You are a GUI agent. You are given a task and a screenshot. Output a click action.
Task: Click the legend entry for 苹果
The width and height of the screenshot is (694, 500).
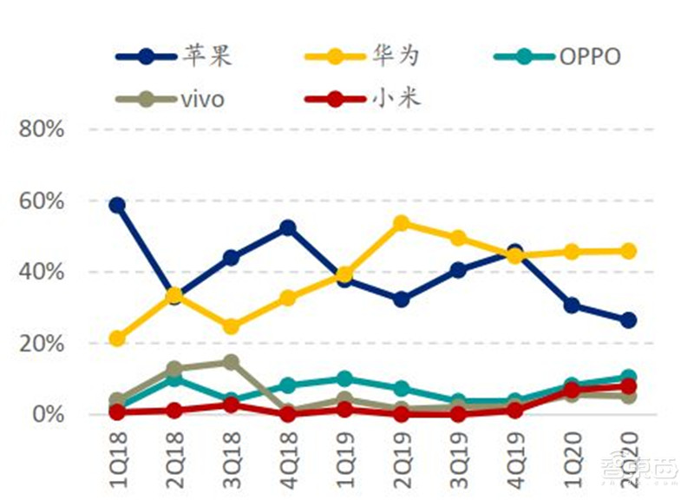[x=173, y=57]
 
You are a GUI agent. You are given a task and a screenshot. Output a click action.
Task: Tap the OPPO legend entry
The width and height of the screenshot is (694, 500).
[x=556, y=57]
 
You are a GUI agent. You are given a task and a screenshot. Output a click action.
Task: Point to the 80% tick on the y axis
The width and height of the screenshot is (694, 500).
[x=43, y=129]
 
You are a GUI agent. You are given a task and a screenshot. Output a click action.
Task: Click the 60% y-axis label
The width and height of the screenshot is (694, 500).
[x=43, y=201]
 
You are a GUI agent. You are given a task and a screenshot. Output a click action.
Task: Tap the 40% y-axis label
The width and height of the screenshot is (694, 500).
[x=43, y=273]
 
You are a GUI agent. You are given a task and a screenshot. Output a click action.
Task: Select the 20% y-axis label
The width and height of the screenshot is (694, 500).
[x=43, y=344]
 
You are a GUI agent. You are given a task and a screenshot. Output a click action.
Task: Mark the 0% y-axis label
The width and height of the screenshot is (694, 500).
[x=48, y=415]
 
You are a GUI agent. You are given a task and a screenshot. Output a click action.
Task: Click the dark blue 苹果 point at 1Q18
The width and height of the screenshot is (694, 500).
[x=117, y=206]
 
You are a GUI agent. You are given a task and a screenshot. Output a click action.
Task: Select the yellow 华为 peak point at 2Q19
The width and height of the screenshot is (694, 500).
[x=401, y=224]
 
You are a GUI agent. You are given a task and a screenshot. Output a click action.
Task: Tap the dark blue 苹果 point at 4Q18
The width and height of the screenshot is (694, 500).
[x=288, y=228]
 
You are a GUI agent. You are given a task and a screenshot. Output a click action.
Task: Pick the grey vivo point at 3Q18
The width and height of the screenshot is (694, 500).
[x=231, y=362]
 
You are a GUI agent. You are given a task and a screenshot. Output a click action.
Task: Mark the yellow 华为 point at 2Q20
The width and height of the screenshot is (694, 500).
[x=628, y=251]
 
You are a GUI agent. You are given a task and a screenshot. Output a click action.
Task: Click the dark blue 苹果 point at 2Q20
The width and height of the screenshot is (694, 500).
[x=628, y=320]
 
